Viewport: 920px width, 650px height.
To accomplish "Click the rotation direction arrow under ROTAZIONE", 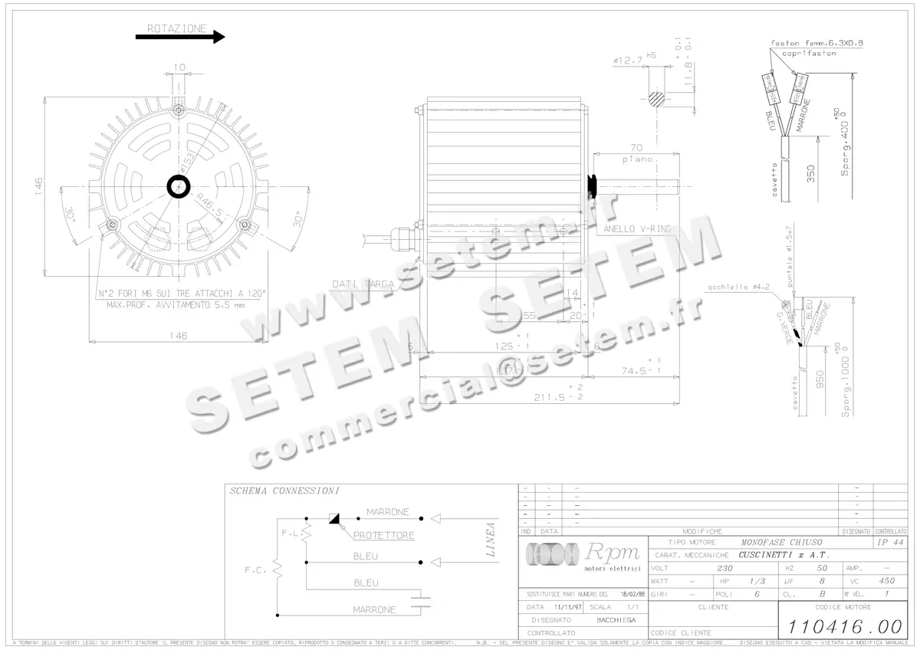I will [179, 36].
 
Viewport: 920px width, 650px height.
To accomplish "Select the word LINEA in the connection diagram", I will [491, 539].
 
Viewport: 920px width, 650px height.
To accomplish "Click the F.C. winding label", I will [255, 570].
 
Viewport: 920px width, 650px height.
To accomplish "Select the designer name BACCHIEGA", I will [616, 619].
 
